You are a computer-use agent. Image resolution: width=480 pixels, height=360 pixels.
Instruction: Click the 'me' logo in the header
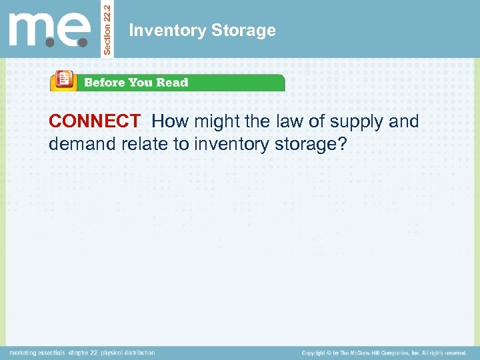[49, 29]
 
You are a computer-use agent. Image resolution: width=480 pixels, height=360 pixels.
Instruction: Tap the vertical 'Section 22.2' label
[110, 28]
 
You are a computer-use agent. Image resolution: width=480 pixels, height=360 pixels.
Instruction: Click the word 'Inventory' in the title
[161, 30]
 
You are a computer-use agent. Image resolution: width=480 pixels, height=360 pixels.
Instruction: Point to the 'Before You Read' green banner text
[136, 83]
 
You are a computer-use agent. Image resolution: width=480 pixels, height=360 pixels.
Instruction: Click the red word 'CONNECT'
[94, 121]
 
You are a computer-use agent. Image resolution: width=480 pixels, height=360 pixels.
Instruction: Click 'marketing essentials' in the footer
[37, 353]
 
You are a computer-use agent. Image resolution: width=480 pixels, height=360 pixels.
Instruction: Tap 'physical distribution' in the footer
[129, 353]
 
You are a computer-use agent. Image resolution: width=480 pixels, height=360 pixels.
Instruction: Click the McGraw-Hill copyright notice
[383, 353]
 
